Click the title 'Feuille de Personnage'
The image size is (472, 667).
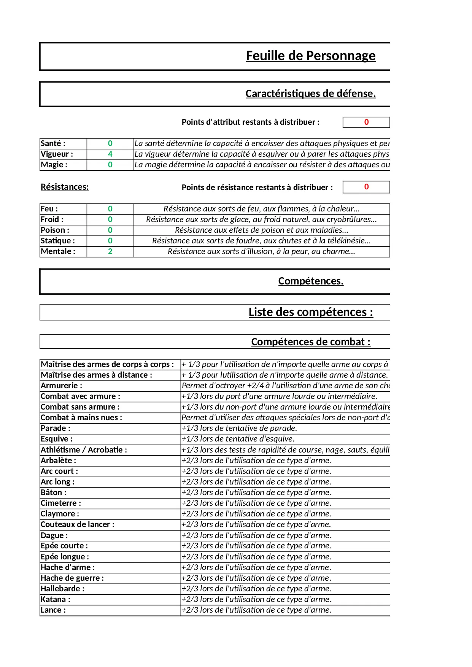point(310,56)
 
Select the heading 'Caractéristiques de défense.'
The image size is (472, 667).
point(310,94)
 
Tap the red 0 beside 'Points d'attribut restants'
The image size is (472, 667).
point(366,122)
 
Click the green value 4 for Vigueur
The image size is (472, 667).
point(110,154)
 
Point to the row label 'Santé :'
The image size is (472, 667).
point(53,143)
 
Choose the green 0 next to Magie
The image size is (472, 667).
point(110,165)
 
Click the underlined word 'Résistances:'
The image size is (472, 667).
point(65,187)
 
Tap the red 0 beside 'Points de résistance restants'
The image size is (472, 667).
point(366,187)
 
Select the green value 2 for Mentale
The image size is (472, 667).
point(110,251)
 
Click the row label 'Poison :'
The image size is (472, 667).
point(55,230)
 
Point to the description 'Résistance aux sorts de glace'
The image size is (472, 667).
point(261,219)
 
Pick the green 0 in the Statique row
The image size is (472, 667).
point(110,241)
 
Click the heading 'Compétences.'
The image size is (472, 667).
point(310,281)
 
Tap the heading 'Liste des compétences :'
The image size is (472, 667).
point(310,312)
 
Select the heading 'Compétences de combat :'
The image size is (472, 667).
point(310,342)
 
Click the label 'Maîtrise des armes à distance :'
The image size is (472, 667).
point(97,375)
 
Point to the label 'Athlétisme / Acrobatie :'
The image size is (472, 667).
point(84,450)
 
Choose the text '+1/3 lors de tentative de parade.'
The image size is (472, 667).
point(239,428)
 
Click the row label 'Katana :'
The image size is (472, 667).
point(56,599)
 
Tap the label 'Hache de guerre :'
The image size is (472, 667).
point(72,578)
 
